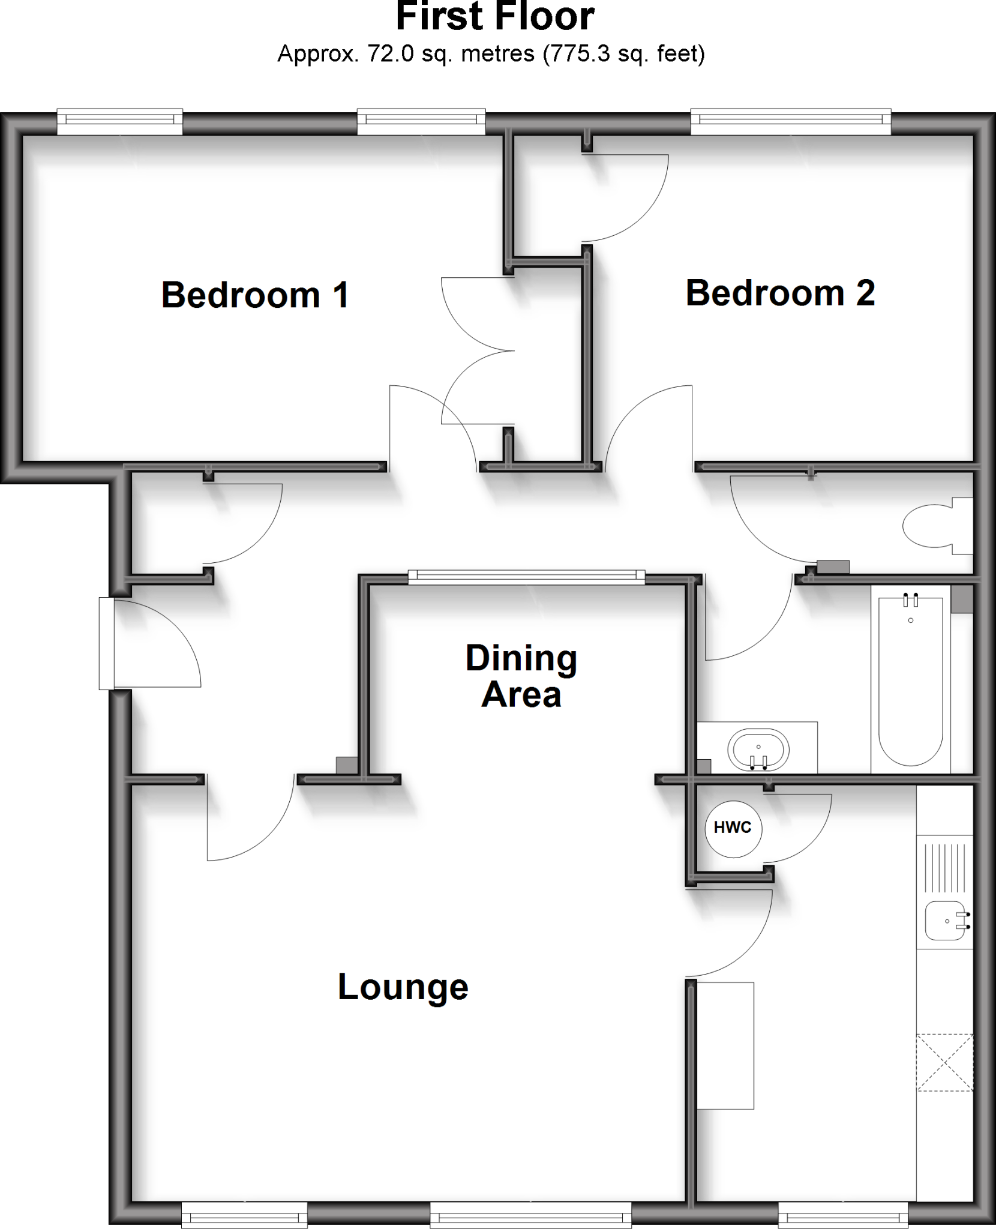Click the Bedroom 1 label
click(255, 295)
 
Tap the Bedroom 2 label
click(780, 293)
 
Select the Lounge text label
click(403, 987)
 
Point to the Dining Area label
click(521, 676)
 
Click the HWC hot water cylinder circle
click(733, 828)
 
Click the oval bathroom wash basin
click(758, 750)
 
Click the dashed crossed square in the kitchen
click(944, 1062)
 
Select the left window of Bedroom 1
click(120, 122)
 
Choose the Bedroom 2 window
click(791, 122)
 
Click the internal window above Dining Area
click(526, 577)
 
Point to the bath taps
click(911, 599)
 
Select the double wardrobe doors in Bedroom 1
click(477, 350)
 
